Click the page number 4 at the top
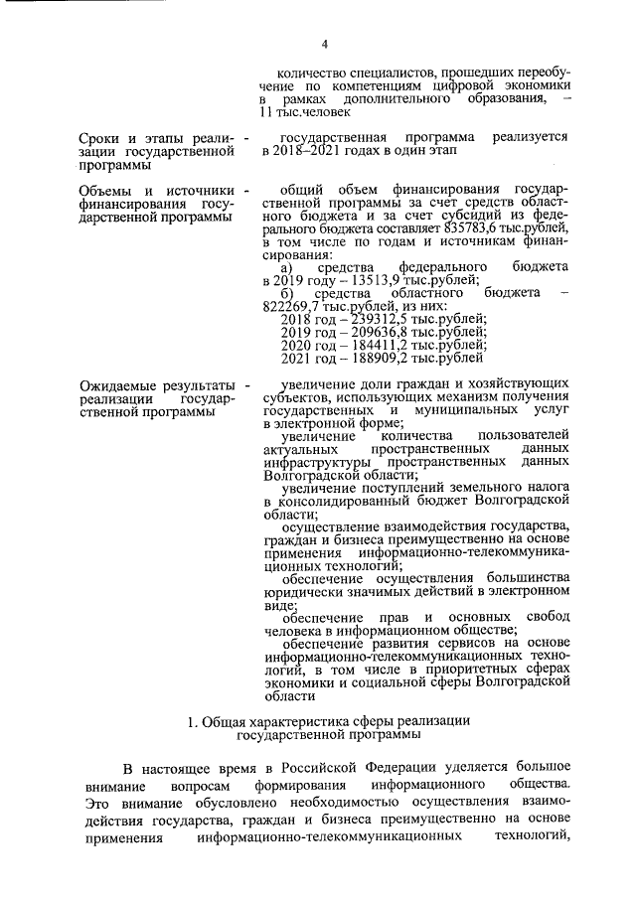click(325, 42)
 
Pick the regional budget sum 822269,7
click(295, 306)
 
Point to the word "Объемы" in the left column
click(107, 189)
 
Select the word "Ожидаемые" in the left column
click(117, 384)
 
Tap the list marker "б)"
click(288, 293)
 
